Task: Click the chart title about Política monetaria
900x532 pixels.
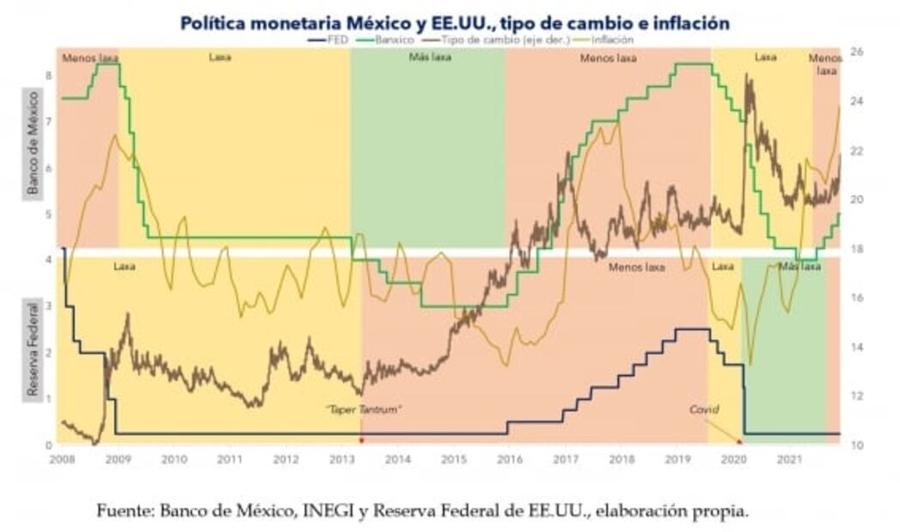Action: [x=455, y=23]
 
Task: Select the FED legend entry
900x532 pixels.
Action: [x=331, y=39]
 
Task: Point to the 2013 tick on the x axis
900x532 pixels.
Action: [x=341, y=460]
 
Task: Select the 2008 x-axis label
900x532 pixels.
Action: [x=62, y=460]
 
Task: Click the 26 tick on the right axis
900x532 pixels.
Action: [x=856, y=51]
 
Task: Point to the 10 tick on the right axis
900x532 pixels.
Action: [x=856, y=444]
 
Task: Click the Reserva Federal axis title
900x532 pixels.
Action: [x=33, y=348]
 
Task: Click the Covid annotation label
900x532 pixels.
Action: [x=704, y=410]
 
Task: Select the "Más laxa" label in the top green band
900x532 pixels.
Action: [x=426, y=58]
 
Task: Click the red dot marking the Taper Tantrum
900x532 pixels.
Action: [x=361, y=441]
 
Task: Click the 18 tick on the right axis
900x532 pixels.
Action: [x=856, y=249]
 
